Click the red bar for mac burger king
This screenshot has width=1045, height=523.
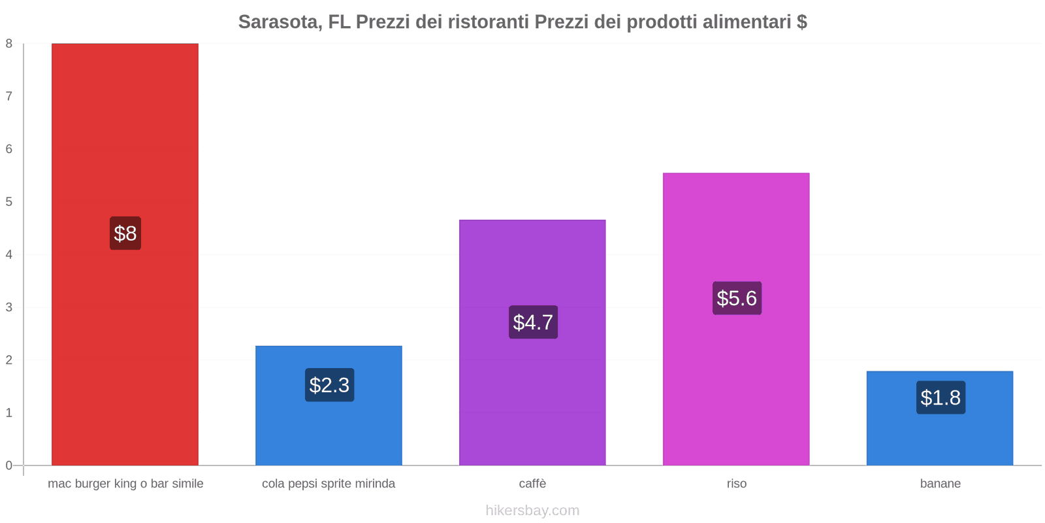125,254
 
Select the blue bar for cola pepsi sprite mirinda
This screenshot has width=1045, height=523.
329,406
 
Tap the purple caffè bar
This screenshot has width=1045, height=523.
532,343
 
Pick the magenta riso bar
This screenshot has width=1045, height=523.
736,320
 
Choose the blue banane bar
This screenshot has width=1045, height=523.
940,418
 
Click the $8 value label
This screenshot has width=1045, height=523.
125,233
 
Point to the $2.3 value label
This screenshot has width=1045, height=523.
329,385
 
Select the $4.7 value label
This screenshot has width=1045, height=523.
533,322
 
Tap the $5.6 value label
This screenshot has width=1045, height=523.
737,298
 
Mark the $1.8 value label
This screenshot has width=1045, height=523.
940,397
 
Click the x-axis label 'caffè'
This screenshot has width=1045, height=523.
532,483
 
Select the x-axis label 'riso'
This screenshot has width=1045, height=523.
737,483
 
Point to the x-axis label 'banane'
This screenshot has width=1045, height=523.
940,483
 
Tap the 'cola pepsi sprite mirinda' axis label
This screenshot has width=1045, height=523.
329,484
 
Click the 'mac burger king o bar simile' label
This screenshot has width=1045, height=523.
125,484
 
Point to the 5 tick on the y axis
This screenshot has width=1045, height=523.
9,202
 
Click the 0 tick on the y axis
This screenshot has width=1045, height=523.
9,465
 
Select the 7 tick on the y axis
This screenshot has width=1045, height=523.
9,96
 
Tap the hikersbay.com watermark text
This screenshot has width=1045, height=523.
532,510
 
